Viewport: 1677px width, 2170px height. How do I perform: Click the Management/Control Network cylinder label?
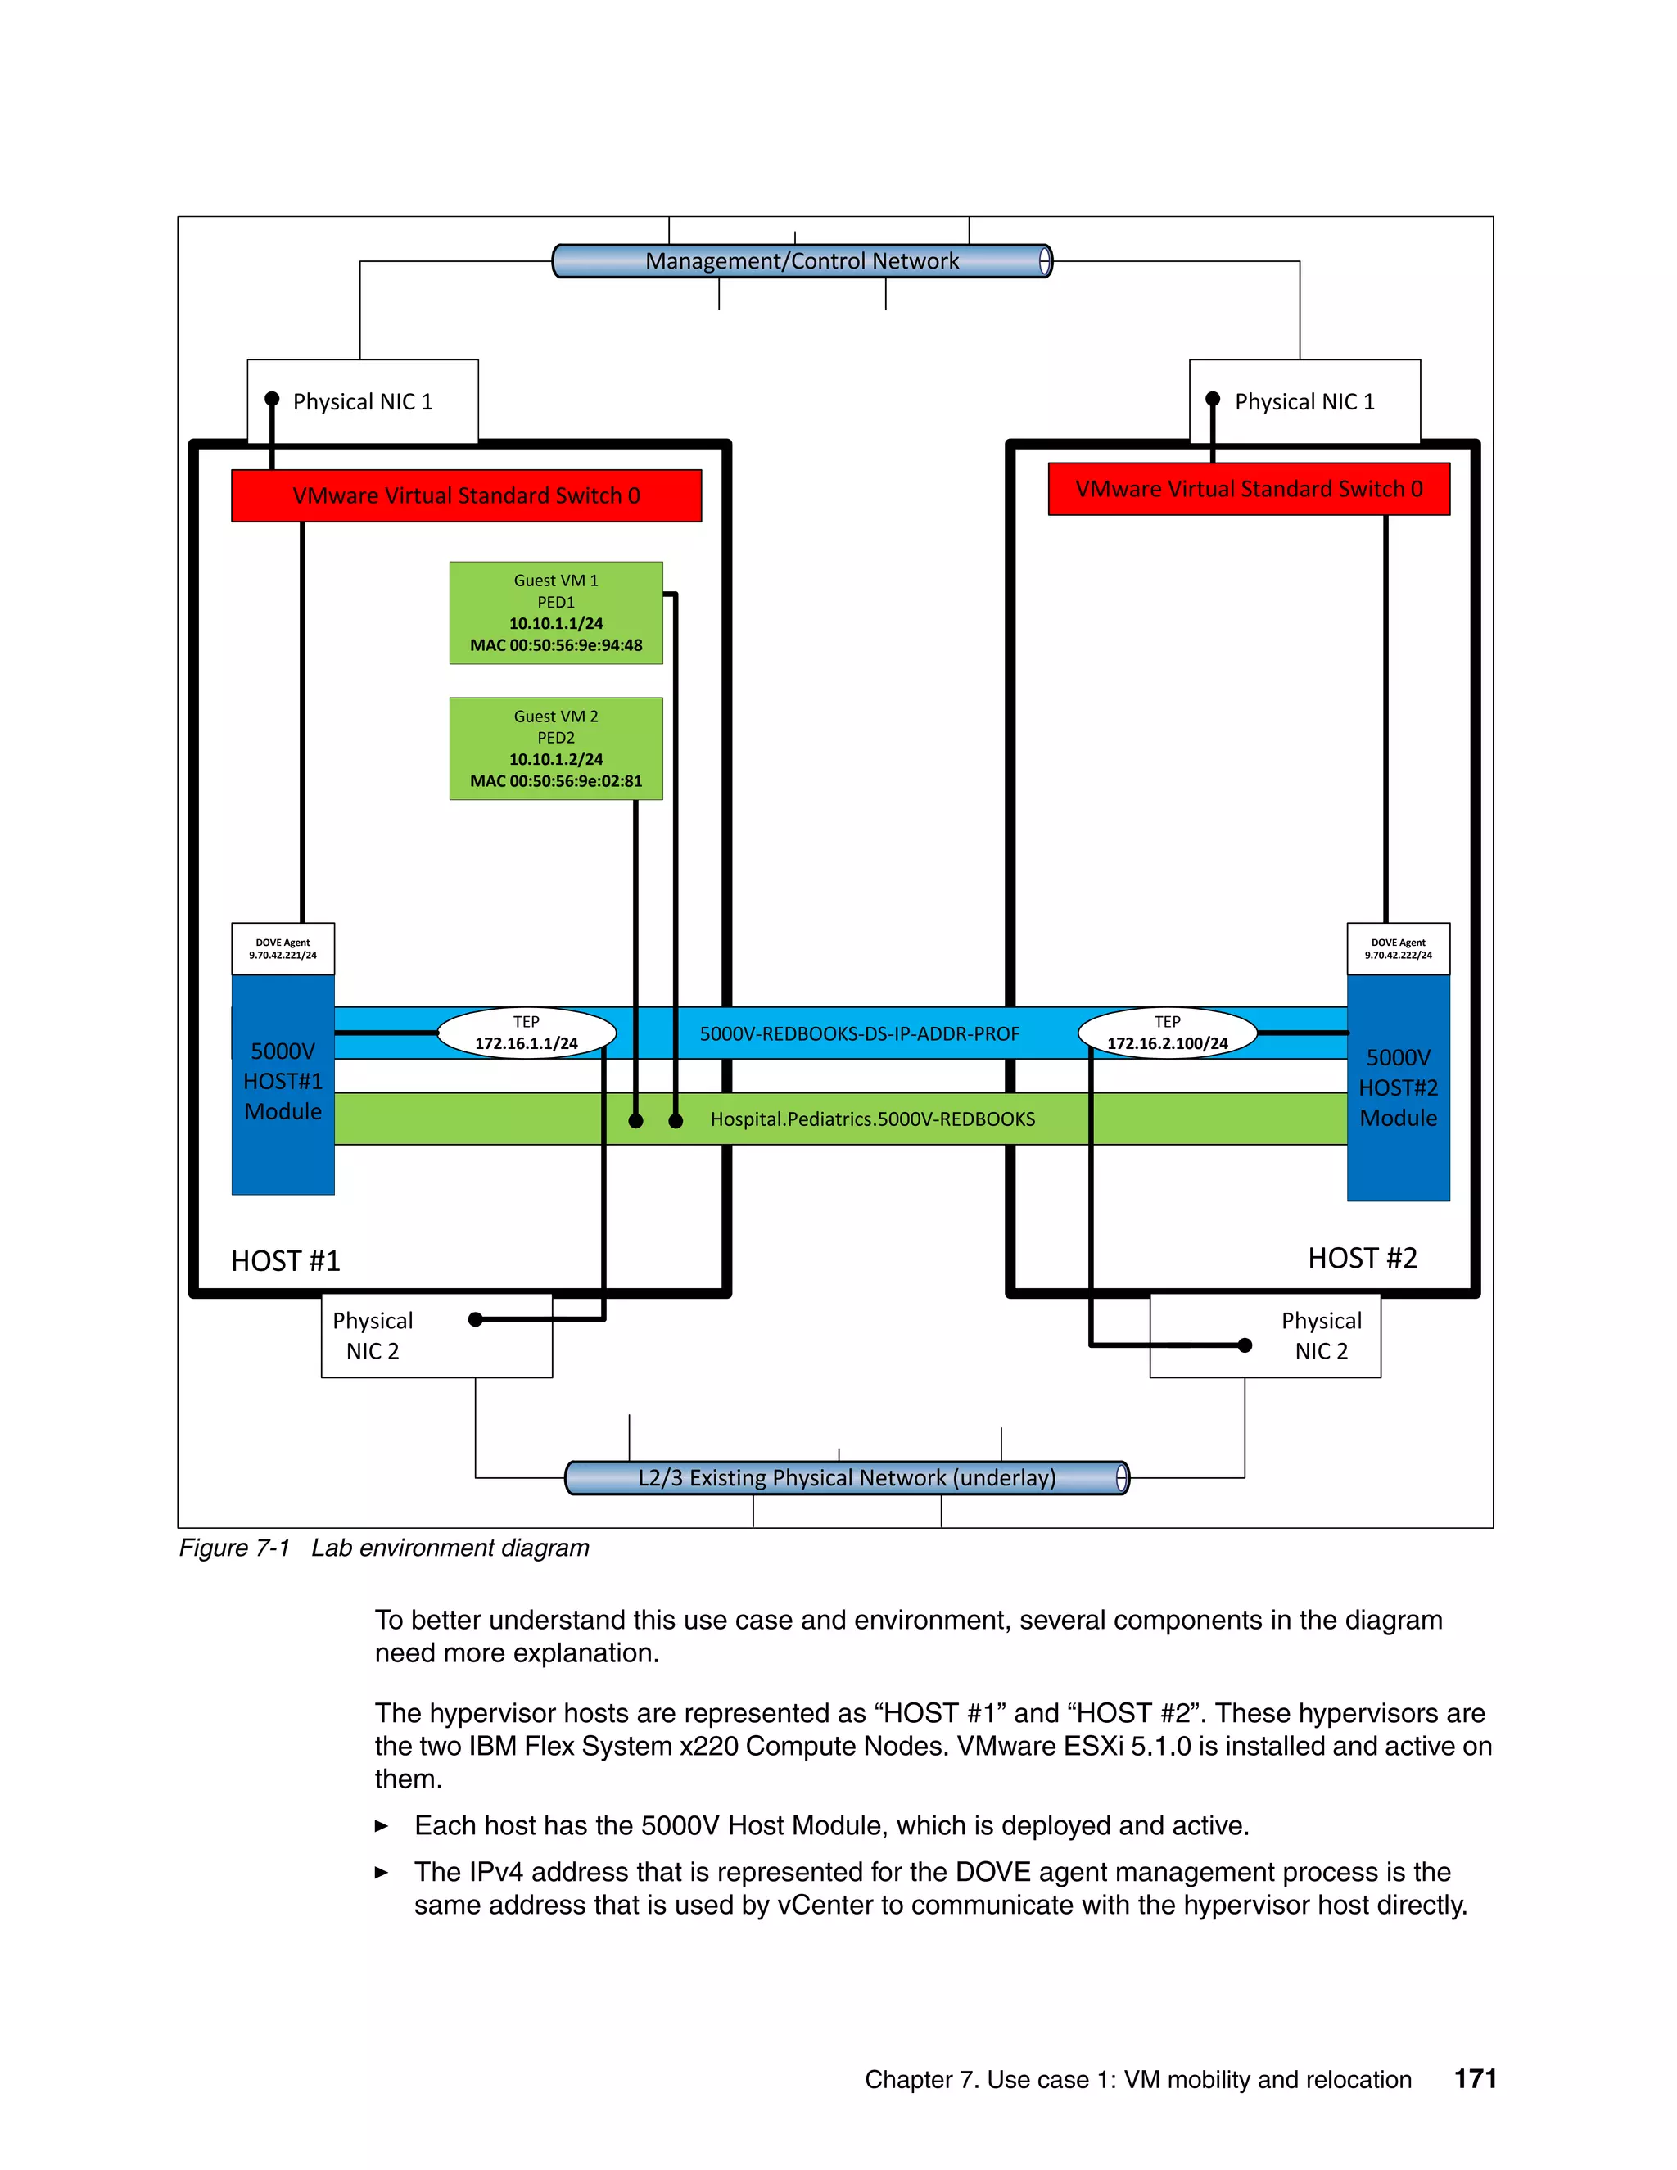(x=802, y=261)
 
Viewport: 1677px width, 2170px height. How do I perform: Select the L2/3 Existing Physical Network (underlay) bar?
(x=847, y=1477)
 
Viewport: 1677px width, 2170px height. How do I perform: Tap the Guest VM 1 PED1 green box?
(x=555, y=612)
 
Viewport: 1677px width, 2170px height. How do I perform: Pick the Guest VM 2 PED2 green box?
(x=555, y=748)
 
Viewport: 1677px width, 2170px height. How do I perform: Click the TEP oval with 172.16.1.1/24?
(x=526, y=1033)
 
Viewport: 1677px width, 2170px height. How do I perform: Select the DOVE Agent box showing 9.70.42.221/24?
(x=283, y=949)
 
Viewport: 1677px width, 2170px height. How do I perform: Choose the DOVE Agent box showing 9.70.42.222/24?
(x=1397, y=949)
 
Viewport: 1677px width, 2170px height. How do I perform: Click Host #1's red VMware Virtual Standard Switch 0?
(x=466, y=495)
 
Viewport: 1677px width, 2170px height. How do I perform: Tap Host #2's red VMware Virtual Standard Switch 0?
(x=1248, y=489)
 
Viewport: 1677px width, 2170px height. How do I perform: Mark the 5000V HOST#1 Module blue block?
(x=283, y=1083)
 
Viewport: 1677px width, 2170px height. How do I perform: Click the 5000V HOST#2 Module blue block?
(x=1397, y=1088)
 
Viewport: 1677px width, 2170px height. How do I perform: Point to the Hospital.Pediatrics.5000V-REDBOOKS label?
(x=872, y=1119)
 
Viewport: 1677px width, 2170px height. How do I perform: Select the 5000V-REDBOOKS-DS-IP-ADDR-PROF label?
(x=859, y=1034)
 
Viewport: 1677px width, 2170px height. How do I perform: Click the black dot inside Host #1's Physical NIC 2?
(x=476, y=1319)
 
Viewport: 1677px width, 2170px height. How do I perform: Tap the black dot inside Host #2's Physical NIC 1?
(x=1212, y=400)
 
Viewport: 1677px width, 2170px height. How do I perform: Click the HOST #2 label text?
(x=1361, y=1259)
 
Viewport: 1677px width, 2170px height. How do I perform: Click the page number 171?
(x=1474, y=2078)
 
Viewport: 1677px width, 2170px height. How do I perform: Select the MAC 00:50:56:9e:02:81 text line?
(x=555, y=781)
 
